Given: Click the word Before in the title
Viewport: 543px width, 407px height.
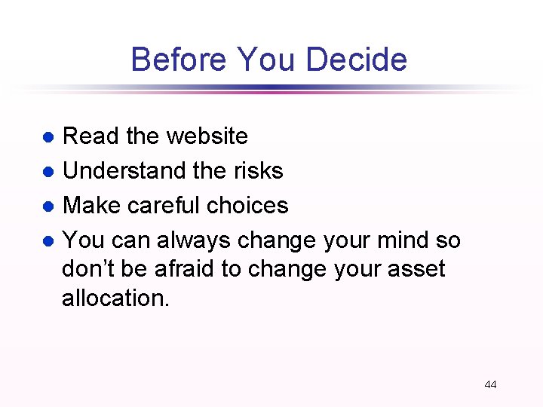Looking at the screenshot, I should click(x=179, y=60).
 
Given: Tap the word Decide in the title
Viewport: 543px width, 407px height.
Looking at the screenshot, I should click(x=360, y=60).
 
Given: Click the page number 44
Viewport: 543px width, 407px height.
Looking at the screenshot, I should click(x=490, y=384).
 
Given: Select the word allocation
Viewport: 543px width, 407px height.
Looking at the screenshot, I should click(x=116, y=298).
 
